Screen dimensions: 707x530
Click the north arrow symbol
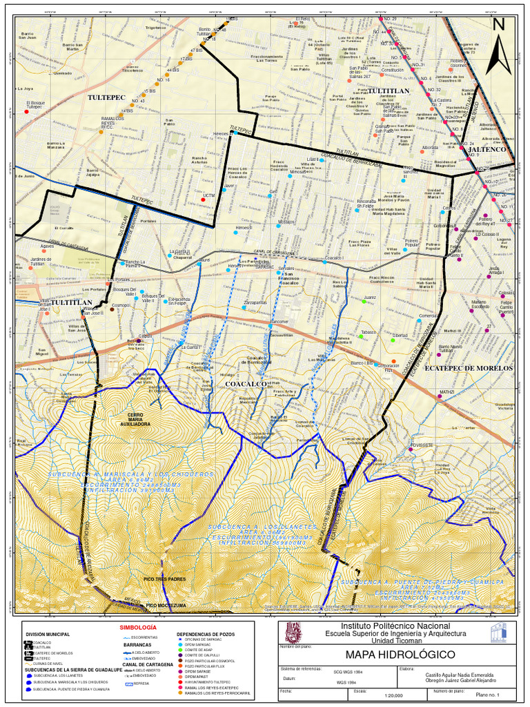point(498,47)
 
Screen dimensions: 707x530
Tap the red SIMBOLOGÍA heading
point(138,626)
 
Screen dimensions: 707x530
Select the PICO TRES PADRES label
point(164,579)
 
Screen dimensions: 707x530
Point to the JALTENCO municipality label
point(487,149)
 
